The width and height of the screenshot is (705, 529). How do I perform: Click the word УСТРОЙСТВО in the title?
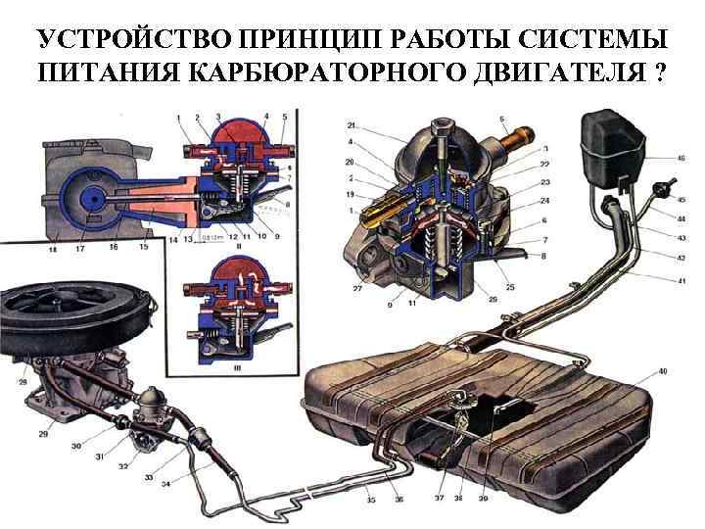115,40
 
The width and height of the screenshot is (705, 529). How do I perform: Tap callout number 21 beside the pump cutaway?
352,126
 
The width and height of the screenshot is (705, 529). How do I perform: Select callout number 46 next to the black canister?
680,158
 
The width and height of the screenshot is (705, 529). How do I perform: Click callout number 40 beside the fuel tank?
663,371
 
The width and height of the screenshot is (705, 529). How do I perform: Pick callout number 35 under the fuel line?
370,501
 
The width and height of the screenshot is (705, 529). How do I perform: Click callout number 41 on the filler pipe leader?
680,281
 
